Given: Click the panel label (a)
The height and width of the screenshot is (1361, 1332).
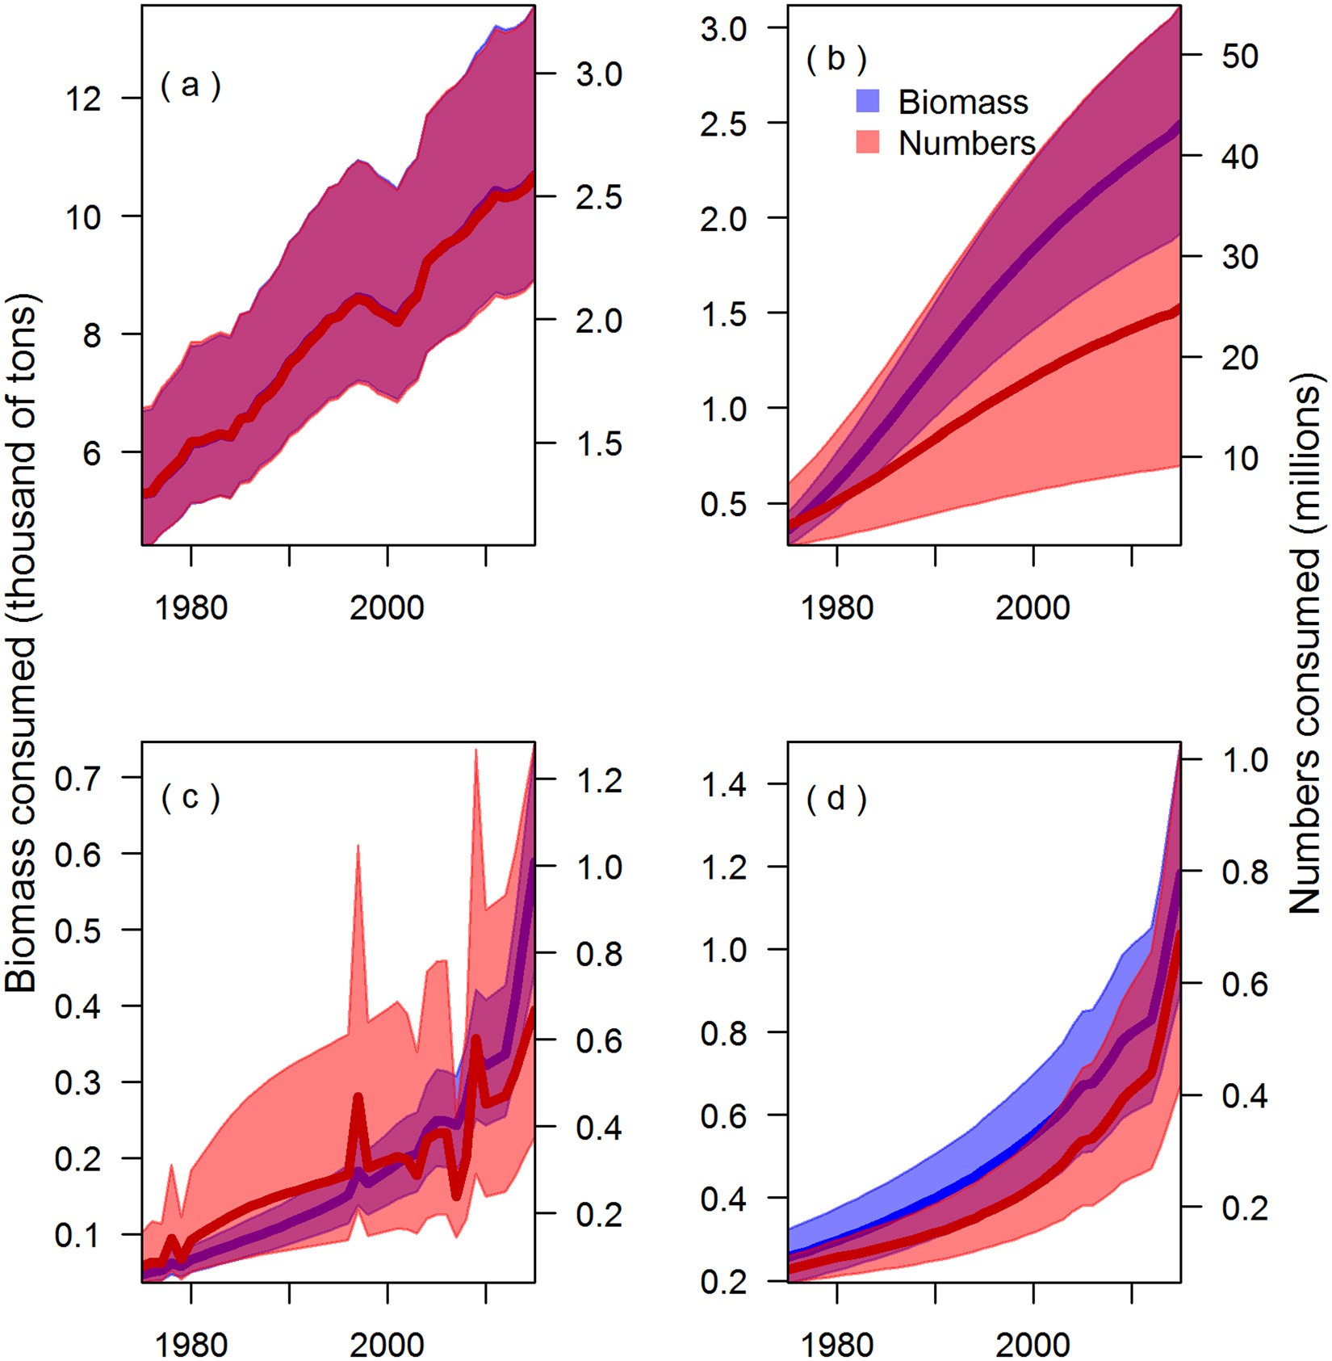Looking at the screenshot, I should tap(191, 85).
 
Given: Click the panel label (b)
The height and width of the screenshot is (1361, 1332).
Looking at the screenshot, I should tap(836, 58).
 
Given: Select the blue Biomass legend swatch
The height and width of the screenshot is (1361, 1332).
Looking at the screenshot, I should tap(867, 102).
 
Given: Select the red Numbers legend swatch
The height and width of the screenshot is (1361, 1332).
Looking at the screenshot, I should tap(867, 143).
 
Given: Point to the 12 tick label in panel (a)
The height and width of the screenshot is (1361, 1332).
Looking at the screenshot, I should tap(83, 99).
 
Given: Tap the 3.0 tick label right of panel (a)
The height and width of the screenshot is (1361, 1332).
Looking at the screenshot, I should tap(598, 74).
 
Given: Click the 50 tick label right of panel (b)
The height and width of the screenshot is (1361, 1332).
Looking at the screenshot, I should tap(1239, 56).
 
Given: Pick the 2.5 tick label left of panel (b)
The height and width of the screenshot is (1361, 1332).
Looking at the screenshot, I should tap(723, 124).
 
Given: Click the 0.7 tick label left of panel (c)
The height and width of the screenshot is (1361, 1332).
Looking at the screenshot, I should tap(77, 779).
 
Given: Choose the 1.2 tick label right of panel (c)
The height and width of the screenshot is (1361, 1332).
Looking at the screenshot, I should tap(598, 780).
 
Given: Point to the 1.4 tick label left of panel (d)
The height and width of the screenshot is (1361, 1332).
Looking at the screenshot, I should tap(723, 784).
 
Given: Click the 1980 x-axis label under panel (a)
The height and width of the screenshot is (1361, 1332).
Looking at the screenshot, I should tap(191, 607).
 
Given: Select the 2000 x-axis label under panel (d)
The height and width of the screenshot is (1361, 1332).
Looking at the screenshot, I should tap(1032, 1344).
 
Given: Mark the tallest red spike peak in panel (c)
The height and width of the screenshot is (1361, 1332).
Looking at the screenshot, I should tap(475, 750).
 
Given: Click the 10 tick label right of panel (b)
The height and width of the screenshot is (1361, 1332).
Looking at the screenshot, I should tap(1239, 458).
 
